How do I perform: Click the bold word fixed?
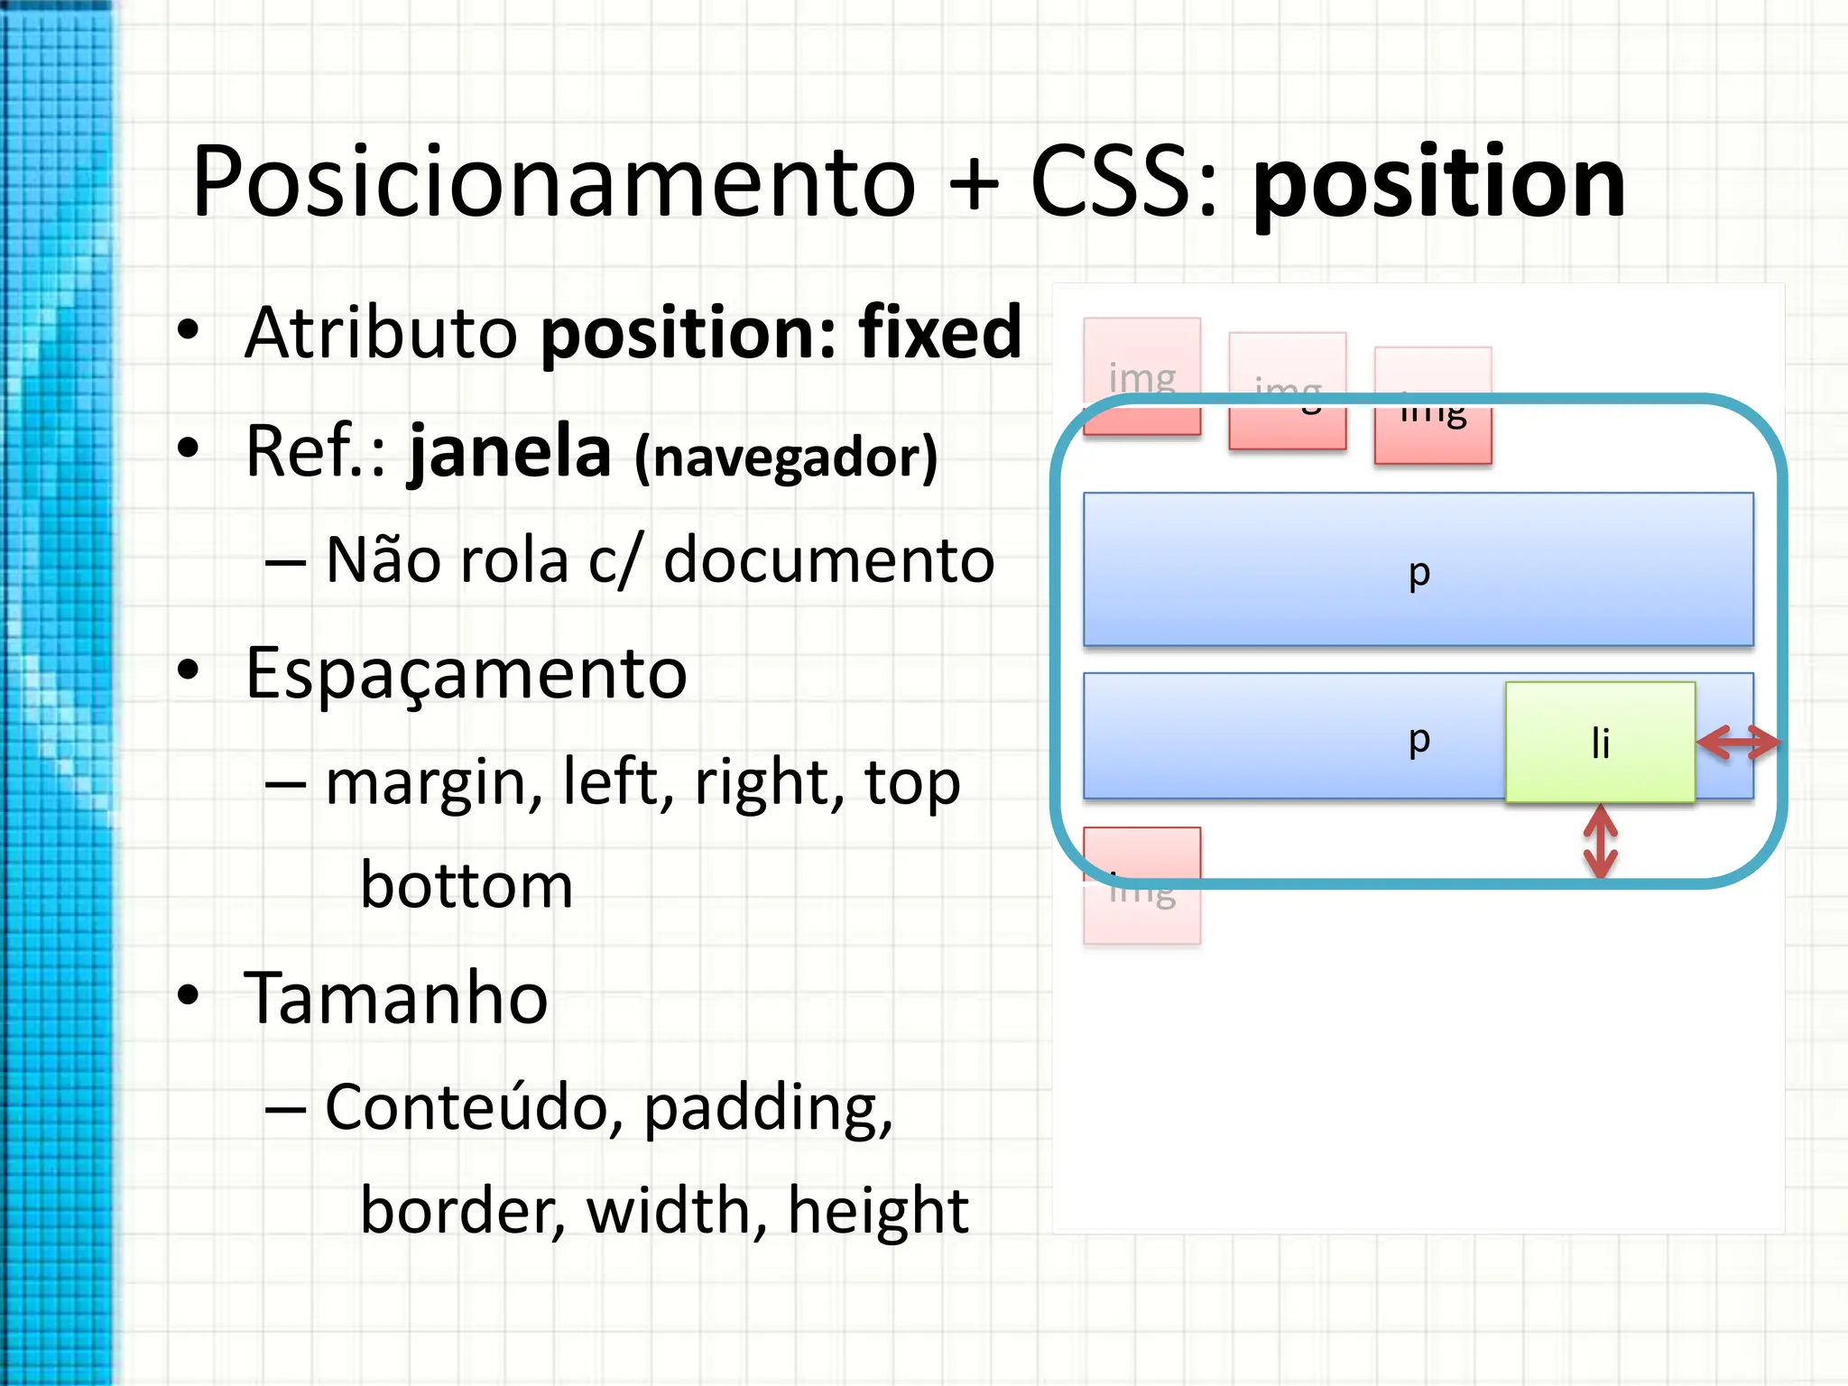pyautogui.click(x=940, y=333)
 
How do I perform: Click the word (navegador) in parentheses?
pyautogui.click(x=786, y=458)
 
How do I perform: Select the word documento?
pyautogui.click(x=828, y=560)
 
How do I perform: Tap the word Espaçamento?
pyautogui.click(x=466, y=673)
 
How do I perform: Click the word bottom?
pyautogui.click(x=467, y=885)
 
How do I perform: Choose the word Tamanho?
pyautogui.click(x=396, y=998)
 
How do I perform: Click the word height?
pyautogui.click(x=878, y=1211)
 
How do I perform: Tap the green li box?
pyautogui.click(x=1600, y=743)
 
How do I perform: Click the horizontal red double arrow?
pyautogui.click(x=1738, y=743)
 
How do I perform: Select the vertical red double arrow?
pyautogui.click(x=1600, y=841)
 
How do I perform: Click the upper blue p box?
pyautogui.click(x=1418, y=569)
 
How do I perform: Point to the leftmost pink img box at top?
pyautogui.click(x=1141, y=376)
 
